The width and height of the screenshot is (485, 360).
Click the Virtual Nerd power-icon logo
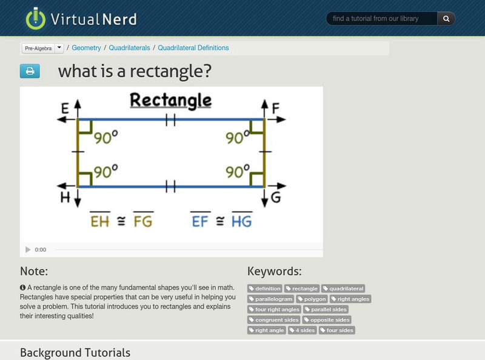pos(36,19)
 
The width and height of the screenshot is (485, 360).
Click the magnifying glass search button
pos(446,19)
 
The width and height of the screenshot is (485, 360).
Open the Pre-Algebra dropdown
pos(59,48)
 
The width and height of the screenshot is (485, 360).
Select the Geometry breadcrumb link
pos(87,48)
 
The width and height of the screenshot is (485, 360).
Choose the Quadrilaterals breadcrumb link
pos(129,48)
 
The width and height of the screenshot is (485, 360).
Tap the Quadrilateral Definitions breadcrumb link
pos(193,48)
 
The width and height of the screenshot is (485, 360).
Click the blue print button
pos(30,72)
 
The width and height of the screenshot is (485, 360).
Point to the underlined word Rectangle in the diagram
pos(171,100)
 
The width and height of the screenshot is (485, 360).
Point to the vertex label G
pos(276,198)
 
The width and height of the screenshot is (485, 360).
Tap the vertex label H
pos(64,198)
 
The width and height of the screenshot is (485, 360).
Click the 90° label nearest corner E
pos(105,138)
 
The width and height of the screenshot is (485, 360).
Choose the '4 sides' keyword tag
pos(302,330)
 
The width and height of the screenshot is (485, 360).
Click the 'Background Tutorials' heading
pos(75,352)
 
